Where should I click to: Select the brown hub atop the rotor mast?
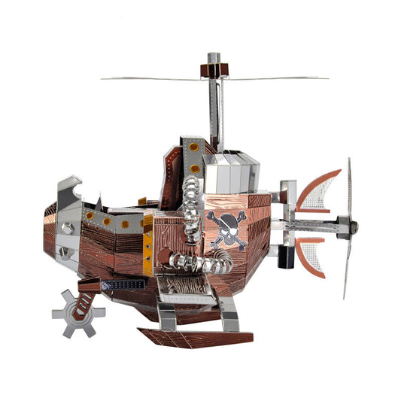click(213, 69)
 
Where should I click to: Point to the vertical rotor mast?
click(216, 113)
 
